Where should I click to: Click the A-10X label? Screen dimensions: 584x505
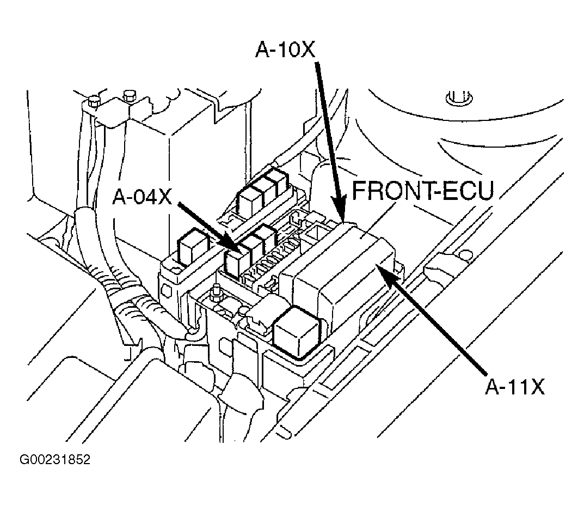(x=285, y=50)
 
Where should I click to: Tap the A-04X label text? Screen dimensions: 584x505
(x=142, y=197)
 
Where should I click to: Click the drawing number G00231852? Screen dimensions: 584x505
(x=55, y=460)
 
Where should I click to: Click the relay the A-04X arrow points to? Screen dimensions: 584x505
(x=237, y=263)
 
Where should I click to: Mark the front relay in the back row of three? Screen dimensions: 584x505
(x=249, y=199)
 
